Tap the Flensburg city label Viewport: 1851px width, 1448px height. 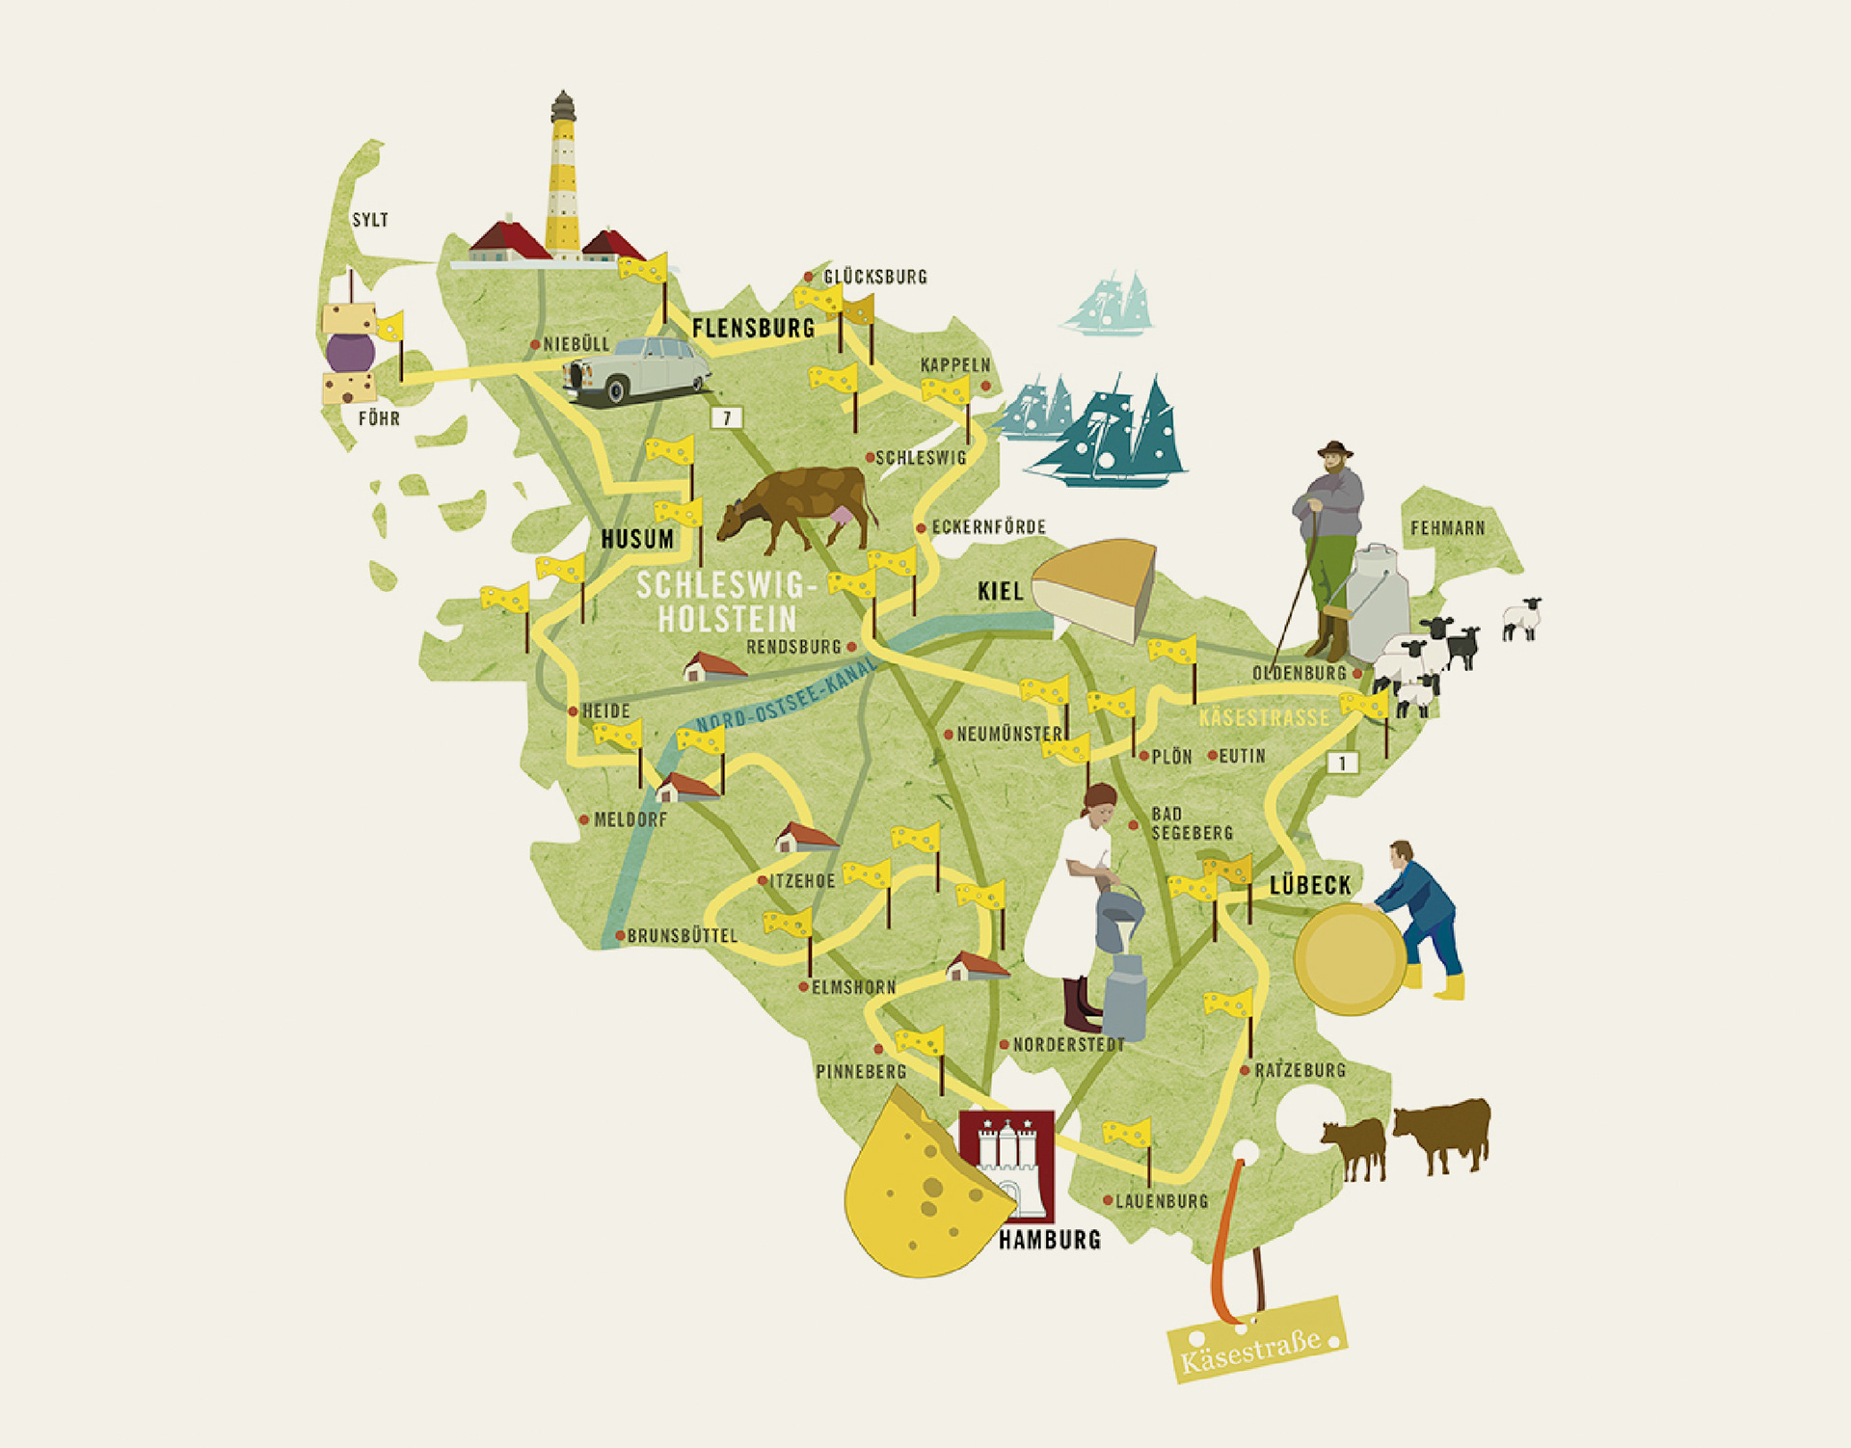[x=753, y=328]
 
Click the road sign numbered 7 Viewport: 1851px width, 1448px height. [x=726, y=417]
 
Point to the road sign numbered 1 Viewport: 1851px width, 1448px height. [x=1342, y=763]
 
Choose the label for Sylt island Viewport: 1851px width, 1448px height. [x=370, y=220]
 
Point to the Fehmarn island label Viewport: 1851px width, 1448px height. [x=1447, y=528]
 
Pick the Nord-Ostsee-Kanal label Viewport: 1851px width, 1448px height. [x=787, y=694]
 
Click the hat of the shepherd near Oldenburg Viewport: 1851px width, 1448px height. [x=1335, y=449]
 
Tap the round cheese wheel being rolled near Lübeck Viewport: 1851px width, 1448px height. [x=1351, y=959]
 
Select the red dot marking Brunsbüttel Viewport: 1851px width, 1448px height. [x=620, y=935]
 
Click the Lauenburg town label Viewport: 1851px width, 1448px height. [x=1161, y=1201]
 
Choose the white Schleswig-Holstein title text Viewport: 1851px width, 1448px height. [x=727, y=602]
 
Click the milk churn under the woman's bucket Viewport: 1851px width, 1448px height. [x=1123, y=998]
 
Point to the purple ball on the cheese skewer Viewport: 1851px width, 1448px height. [x=350, y=353]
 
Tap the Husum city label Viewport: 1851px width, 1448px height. [x=637, y=539]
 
